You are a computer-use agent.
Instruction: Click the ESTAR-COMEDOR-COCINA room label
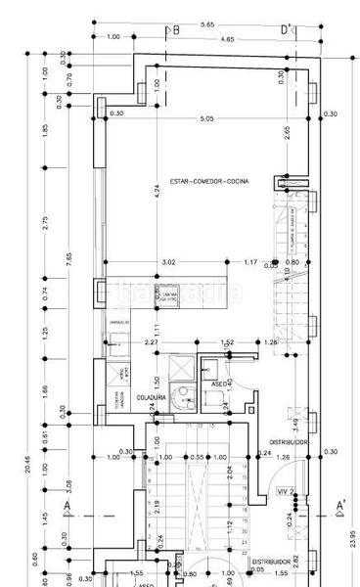(x=208, y=182)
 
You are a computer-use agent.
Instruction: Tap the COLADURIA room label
(x=151, y=396)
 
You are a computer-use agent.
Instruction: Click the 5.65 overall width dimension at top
(x=207, y=23)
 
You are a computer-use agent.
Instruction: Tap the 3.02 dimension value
(x=167, y=261)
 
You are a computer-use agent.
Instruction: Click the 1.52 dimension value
(x=228, y=342)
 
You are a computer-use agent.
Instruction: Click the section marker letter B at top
(x=176, y=30)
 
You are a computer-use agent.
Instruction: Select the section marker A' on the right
(x=340, y=506)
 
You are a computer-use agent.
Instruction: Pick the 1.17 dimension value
(x=250, y=261)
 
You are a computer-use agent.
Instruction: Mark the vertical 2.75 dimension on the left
(x=45, y=224)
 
